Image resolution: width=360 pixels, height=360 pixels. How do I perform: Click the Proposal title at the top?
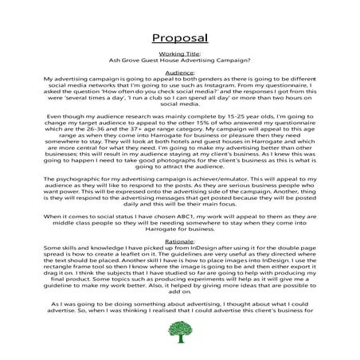click(x=179, y=37)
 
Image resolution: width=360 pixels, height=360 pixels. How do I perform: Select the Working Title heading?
click(x=179, y=53)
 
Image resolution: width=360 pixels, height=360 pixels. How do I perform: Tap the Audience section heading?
click(x=179, y=72)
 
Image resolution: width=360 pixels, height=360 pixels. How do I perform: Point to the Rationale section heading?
click(x=179, y=241)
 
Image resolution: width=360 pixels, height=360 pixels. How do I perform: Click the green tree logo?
click(x=180, y=334)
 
